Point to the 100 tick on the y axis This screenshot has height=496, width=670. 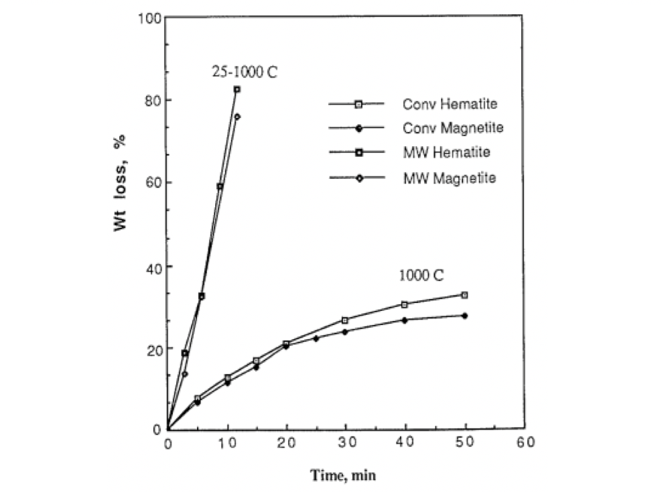pos(149,17)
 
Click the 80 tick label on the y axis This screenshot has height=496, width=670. pos(152,100)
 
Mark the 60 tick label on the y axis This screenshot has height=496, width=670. pos(152,183)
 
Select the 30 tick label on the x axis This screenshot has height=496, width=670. pos(346,443)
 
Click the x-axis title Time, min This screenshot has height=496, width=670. pos(343,476)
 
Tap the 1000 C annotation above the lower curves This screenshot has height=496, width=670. pos(422,275)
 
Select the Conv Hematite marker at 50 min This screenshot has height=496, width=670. pos(464,295)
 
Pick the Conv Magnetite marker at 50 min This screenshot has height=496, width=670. pos(464,316)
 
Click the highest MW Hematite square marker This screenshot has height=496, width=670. pos(237,89)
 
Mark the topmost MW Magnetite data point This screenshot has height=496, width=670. pos(237,117)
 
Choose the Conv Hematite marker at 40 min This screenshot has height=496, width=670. pos(405,304)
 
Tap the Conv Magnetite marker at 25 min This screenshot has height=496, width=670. pos(316,338)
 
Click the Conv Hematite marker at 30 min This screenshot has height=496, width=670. pos(345,320)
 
